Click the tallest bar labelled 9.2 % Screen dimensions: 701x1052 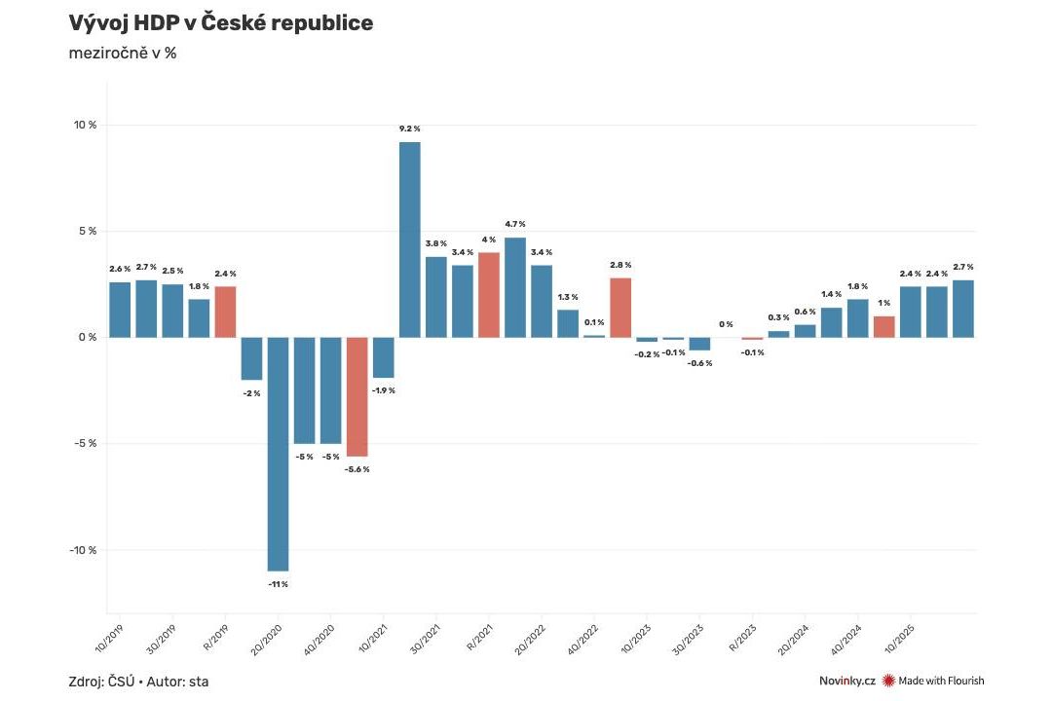410,240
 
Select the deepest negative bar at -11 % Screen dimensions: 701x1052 278,454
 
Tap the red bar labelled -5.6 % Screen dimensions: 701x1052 357,396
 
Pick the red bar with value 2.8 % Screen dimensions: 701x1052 620,308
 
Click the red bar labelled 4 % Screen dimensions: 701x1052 488,295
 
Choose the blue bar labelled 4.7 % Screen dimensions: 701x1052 515,287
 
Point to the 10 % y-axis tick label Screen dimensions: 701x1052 85,126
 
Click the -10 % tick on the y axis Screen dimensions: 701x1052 83,550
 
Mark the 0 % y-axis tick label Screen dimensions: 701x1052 88,338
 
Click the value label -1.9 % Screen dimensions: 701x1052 384,390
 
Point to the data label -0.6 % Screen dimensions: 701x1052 699,363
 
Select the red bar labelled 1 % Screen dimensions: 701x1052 883,326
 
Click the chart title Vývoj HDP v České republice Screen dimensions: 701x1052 221,23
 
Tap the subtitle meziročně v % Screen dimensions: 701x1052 123,54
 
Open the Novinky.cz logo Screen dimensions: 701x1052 847,681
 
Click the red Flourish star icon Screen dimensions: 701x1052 888,681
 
